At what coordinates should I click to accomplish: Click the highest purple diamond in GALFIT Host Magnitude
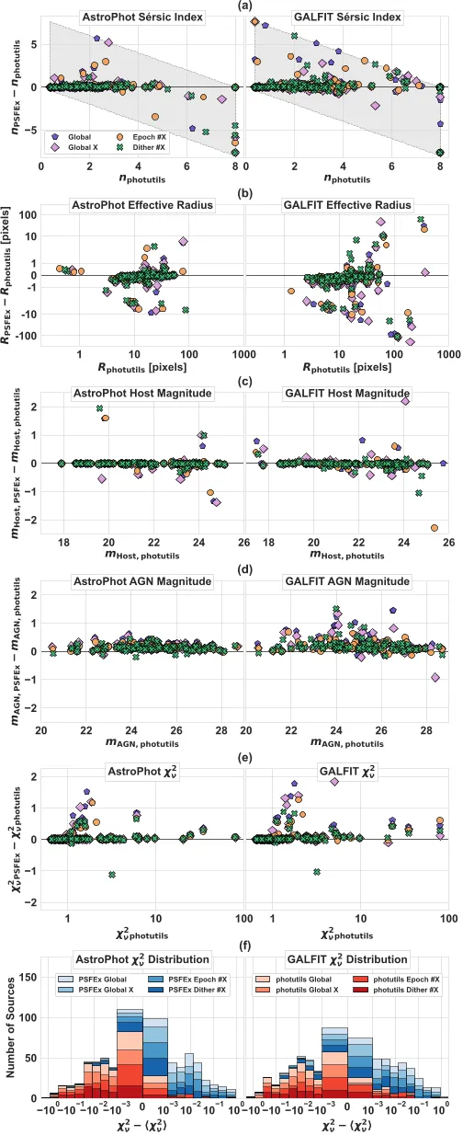[405, 401]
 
